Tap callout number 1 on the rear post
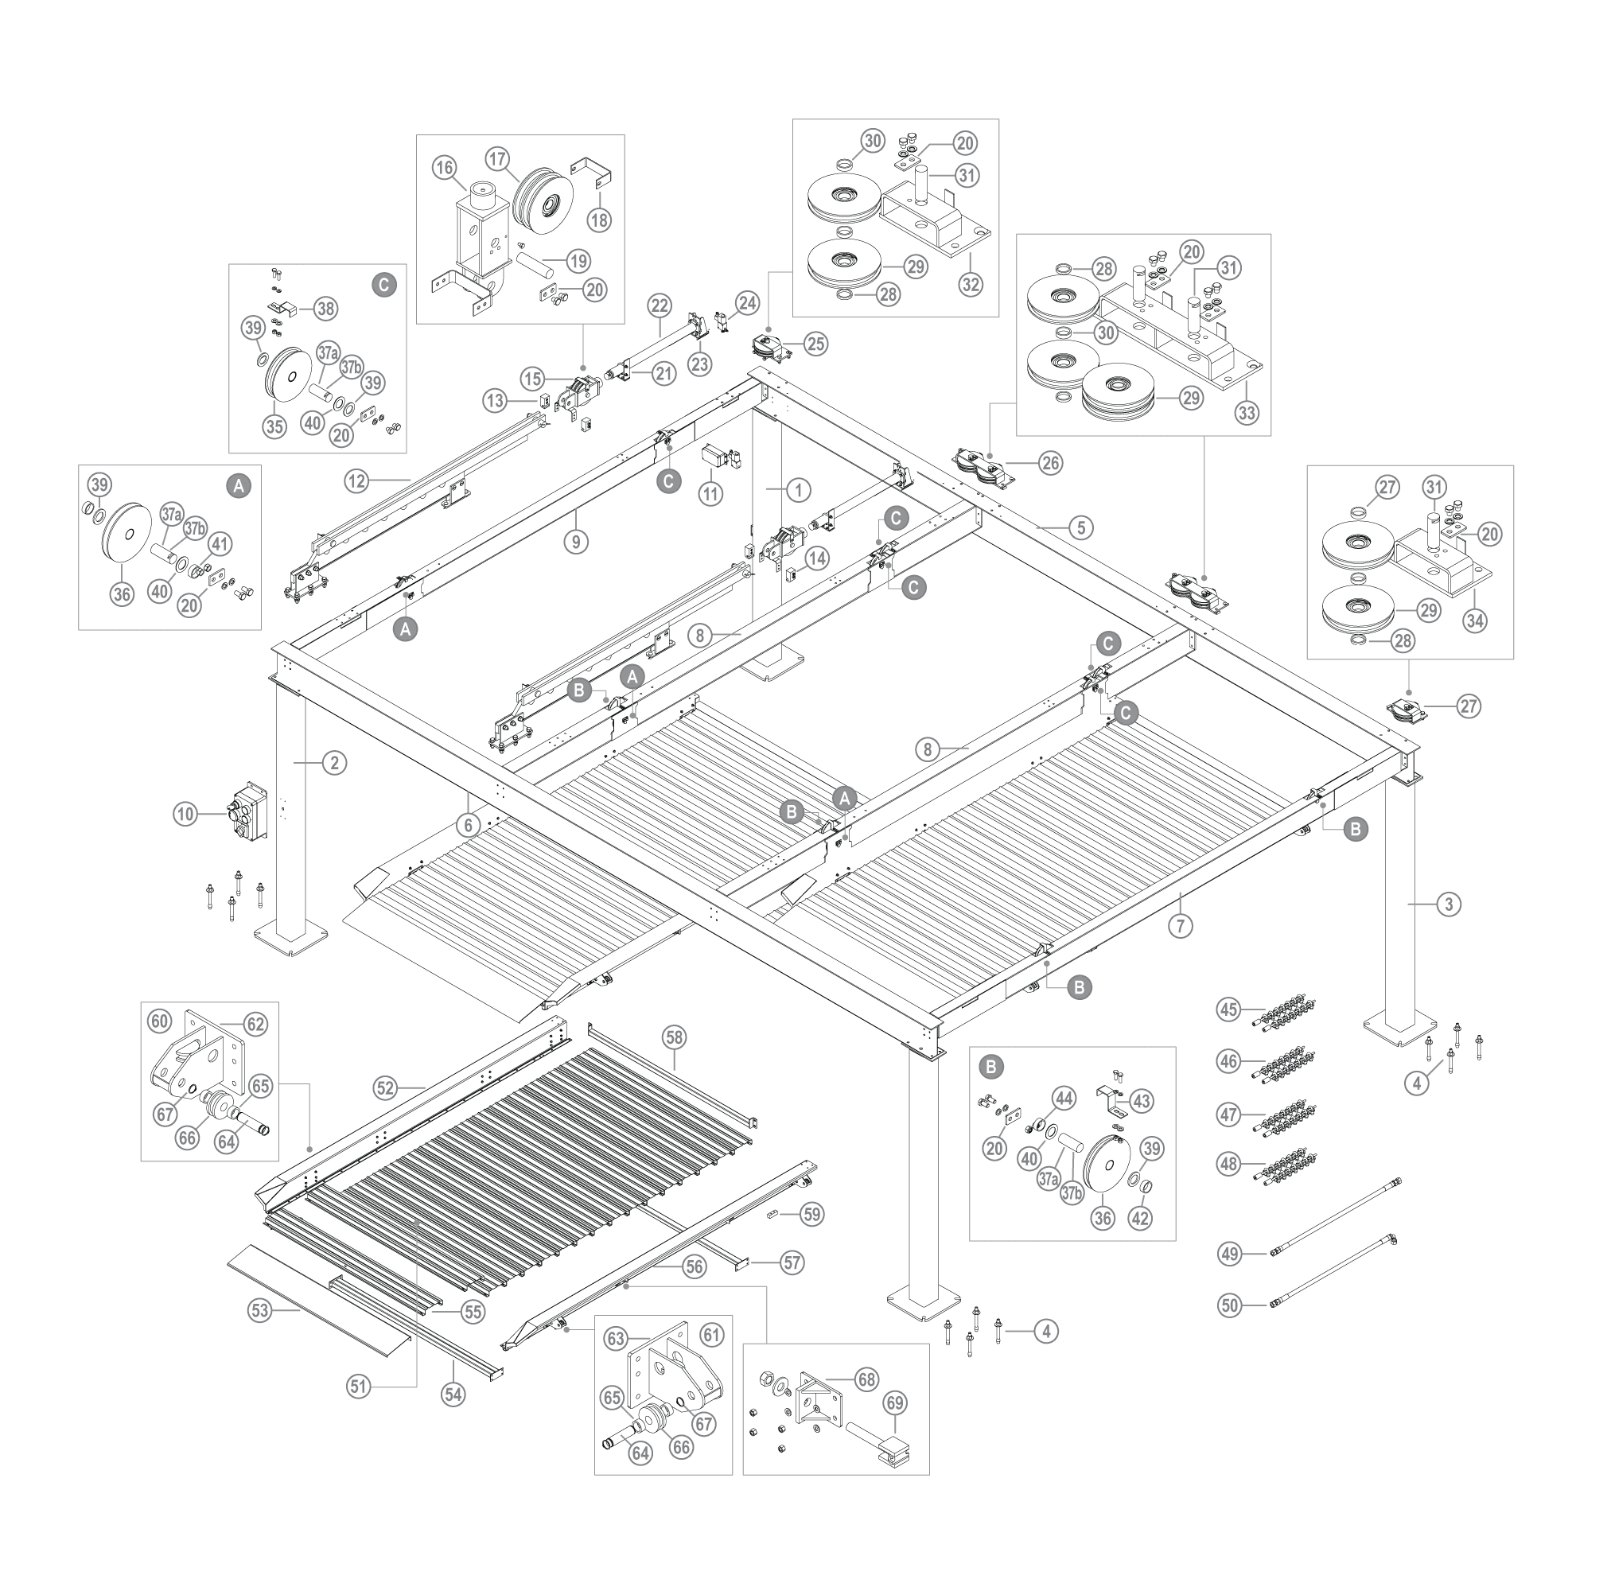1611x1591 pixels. (x=798, y=489)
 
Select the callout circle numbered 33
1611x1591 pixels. (x=1247, y=412)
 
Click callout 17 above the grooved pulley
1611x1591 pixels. (x=498, y=158)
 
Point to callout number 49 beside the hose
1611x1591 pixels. (x=1230, y=1277)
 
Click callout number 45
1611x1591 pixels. (x=1228, y=1009)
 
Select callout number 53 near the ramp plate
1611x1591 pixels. (x=260, y=1312)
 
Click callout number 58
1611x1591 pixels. (x=675, y=1037)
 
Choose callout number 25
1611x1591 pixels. (x=816, y=342)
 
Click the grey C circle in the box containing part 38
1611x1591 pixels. (x=383, y=283)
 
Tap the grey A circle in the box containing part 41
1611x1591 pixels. (x=239, y=486)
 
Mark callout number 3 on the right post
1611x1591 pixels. (x=1450, y=903)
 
